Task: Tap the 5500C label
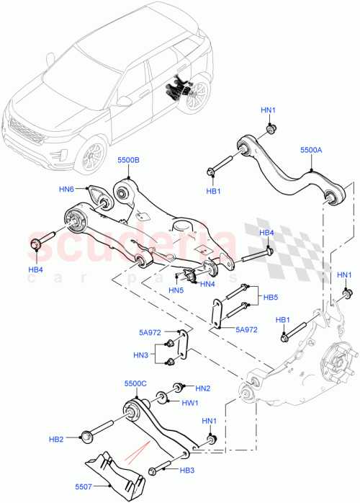[x=135, y=383]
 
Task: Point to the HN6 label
[x=67, y=189]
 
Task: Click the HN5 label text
[x=176, y=290]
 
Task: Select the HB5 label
[x=270, y=296]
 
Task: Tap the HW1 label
[x=189, y=404]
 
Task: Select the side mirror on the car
[x=123, y=102]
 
